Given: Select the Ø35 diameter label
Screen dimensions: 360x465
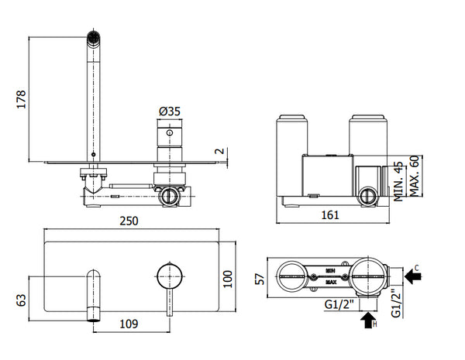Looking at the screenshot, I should [169, 111].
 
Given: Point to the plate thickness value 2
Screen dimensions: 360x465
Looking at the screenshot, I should [219, 151].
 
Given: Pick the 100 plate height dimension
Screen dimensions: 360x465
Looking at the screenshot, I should [227, 278].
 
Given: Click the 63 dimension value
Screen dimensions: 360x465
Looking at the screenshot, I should [22, 298].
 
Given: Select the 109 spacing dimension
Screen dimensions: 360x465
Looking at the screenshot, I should [129, 325].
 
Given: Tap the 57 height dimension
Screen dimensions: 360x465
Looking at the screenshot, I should [260, 276].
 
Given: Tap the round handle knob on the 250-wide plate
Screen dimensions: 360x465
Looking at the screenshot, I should [169, 275].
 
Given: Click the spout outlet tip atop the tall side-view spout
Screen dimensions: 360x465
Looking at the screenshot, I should [93, 36].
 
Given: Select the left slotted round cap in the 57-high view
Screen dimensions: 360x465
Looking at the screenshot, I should [292, 274].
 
